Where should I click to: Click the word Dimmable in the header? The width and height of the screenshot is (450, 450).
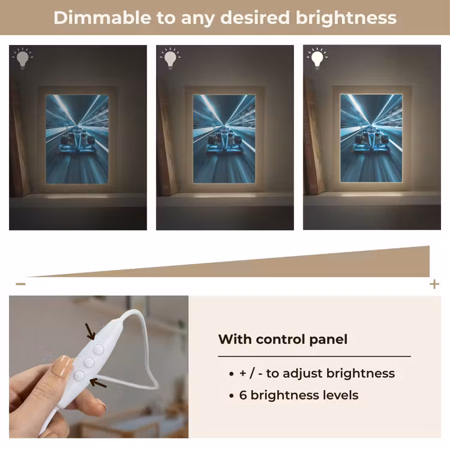pos(102,17)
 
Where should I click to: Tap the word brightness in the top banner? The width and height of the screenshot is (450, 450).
pos(346,18)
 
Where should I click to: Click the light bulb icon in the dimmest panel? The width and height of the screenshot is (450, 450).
pos(23,58)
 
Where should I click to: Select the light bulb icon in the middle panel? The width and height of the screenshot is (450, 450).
pos(170,58)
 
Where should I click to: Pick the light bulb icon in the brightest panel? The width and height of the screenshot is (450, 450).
pos(317,58)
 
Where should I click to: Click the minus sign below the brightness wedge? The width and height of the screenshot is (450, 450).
pos(20,284)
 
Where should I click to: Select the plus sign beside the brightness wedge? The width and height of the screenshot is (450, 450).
pos(434,284)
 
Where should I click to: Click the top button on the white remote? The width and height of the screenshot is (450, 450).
pos(98,350)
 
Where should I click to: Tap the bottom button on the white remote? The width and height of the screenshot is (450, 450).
pos(79,375)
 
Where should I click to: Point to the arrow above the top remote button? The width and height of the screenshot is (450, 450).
pos(91,331)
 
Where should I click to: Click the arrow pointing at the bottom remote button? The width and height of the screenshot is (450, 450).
pos(98,383)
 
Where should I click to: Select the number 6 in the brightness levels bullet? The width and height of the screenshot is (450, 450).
pos(243,395)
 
